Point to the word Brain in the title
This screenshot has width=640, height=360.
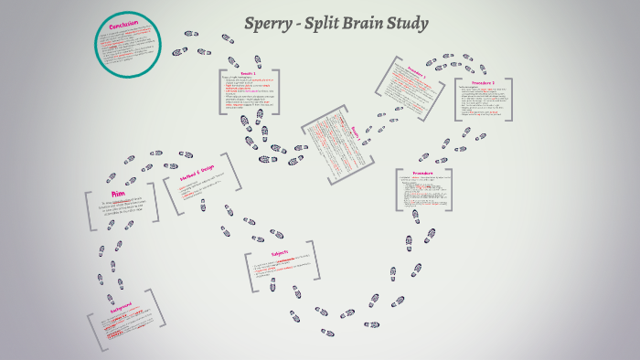click(x=370, y=24)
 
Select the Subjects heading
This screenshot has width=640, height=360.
click(x=280, y=253)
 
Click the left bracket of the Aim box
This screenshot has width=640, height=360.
click(x=88, y=211)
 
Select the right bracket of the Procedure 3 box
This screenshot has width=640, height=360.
click(x=509, y=99)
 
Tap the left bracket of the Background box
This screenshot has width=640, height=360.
click(x=91, y=330)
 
